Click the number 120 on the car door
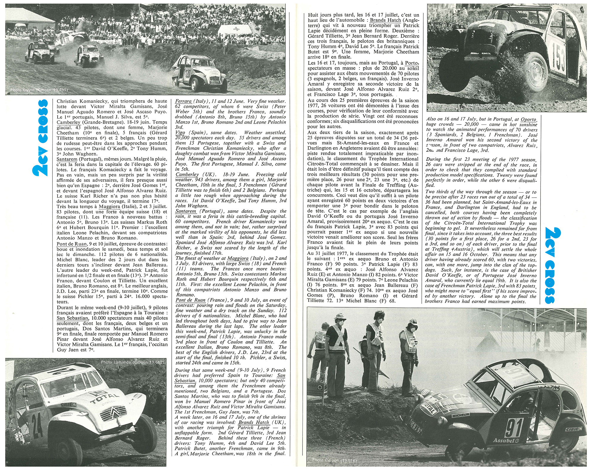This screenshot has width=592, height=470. (x=188, y=74)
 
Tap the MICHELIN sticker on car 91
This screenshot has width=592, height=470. (x=461, y=415)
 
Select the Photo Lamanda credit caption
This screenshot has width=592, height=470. (x=132, y=362)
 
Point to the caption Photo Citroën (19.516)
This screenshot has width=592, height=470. (x=334, y=461)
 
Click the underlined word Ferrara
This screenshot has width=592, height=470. (x=184, y=101)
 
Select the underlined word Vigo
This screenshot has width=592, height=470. (x=180, y=133)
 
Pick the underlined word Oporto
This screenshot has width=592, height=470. (x=528, y=119)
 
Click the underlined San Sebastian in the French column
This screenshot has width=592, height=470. (x=73, y=318)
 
